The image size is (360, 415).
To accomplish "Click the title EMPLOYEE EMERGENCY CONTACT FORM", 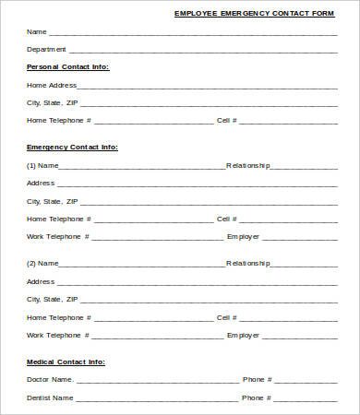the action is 254,14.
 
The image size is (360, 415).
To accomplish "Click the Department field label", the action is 46,49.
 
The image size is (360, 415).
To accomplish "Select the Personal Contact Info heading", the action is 67,66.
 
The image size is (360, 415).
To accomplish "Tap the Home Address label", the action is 52,85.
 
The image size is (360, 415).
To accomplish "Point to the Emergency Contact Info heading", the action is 72,147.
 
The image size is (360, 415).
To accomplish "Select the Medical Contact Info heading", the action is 66,362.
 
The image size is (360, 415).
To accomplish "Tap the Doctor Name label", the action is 50,379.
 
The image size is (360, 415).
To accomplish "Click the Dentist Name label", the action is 50,397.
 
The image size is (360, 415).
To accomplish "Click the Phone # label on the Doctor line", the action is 257,379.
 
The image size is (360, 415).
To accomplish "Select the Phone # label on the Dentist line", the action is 257,397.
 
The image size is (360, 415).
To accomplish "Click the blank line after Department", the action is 203,51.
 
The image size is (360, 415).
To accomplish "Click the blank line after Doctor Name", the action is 157,381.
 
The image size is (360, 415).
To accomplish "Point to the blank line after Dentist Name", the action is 157,399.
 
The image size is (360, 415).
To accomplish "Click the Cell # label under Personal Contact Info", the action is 227,120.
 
